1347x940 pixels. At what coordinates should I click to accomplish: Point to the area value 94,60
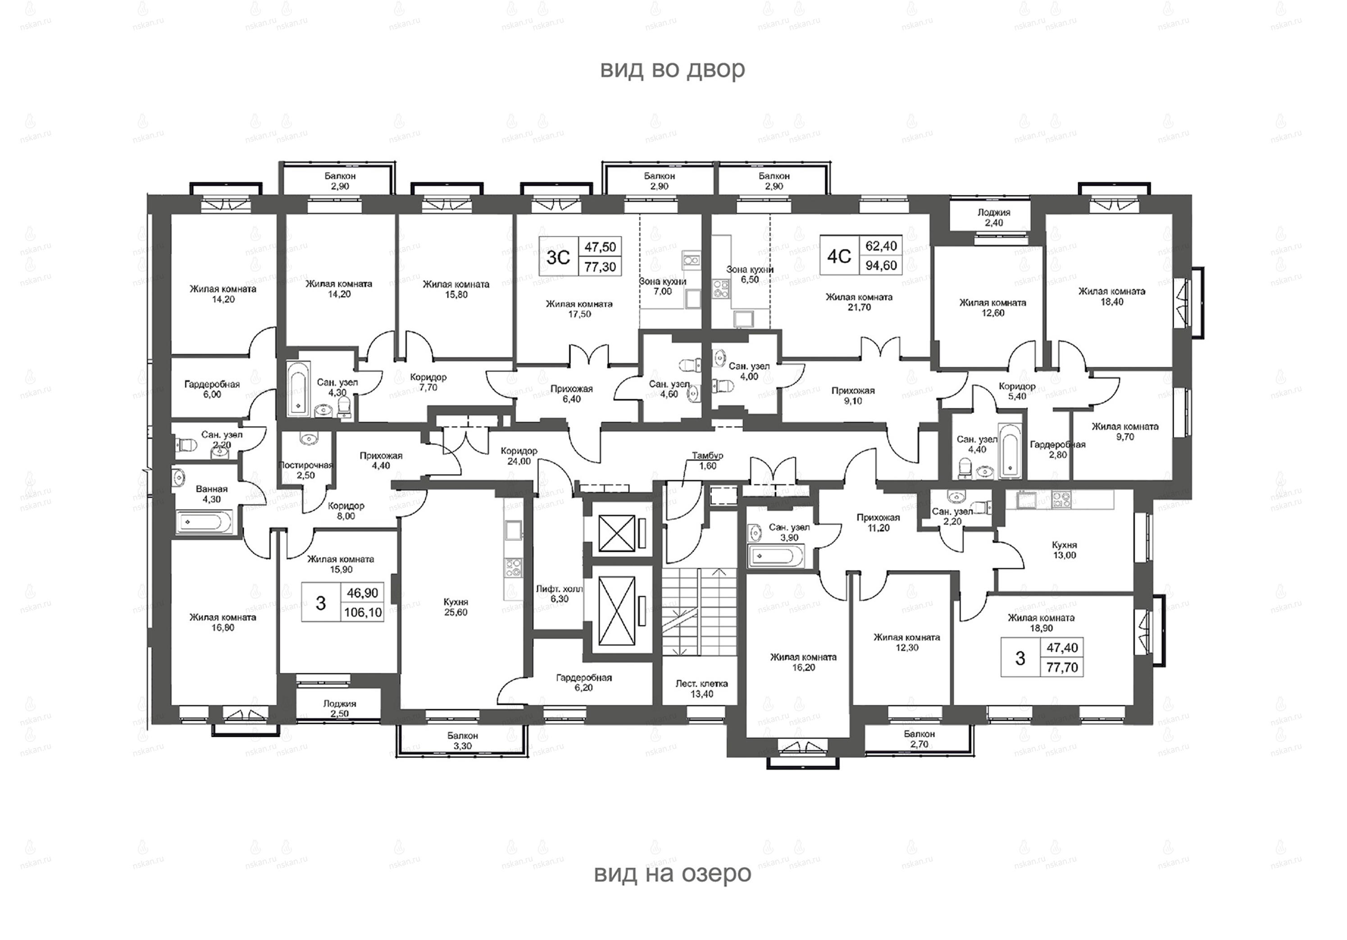point(881,265)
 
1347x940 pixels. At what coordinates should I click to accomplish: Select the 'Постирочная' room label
point(305,465)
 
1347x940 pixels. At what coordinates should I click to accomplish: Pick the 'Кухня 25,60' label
point(456,607)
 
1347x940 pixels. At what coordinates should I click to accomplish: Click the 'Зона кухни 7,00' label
point(663,286)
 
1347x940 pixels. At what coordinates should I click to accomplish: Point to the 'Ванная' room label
point(212,489)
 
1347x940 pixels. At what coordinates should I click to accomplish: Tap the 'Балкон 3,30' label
point(462,740)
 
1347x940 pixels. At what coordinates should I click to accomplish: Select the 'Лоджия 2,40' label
point(994,218)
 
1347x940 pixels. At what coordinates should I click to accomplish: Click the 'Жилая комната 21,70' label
point(859,302)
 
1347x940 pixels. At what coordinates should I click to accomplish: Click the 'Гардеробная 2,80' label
point(1058,449)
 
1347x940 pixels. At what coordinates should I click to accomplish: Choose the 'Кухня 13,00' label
point(1064,550)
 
